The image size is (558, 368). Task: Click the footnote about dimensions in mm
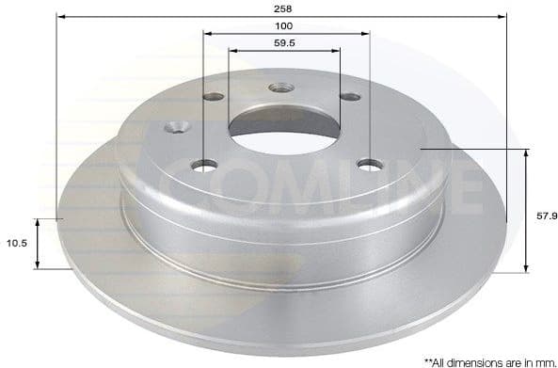click(x=488, y=360)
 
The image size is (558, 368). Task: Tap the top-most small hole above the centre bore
click(x=281, y=88)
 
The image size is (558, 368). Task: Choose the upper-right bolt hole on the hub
click(x=350, y=97)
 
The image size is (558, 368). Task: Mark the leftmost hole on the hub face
click(x=176, y=127)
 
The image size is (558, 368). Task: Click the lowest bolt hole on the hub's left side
click(x=204, y=166)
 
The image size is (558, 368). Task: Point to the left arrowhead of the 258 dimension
click(x=60, y=16)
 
